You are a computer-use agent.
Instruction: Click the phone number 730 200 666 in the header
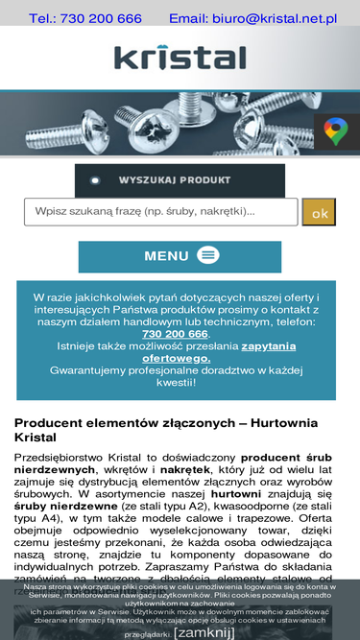pos(100,18)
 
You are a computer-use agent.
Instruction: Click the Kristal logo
pos(180,58)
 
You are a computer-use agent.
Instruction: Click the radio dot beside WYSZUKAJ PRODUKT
pos(95,180)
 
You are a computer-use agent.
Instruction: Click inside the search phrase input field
pos(159,212)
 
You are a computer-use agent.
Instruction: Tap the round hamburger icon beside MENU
pos(208,255)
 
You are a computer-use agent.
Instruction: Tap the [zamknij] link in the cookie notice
pos(204,632)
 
